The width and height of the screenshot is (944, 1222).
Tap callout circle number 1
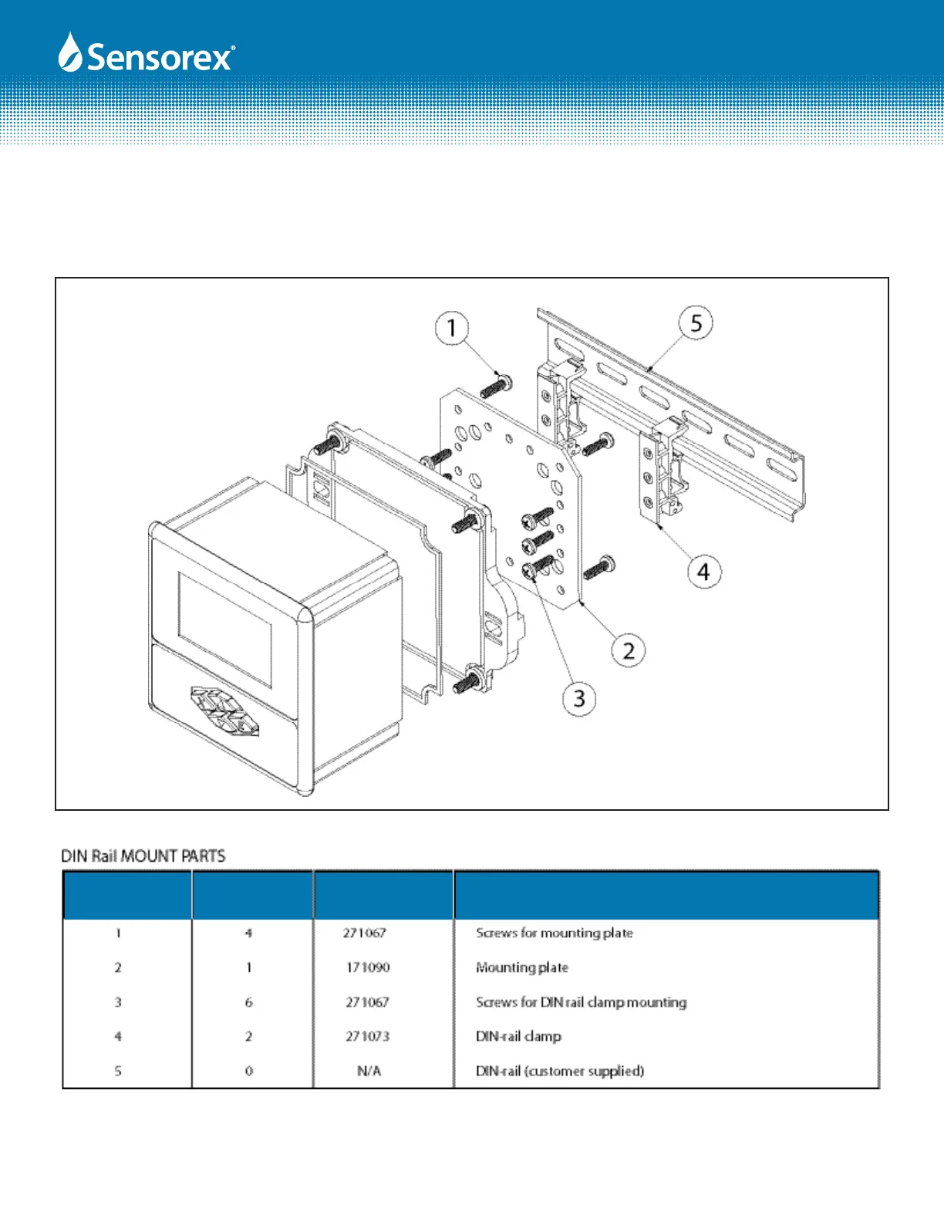coord(452,328)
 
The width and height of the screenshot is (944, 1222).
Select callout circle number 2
coord(629,650)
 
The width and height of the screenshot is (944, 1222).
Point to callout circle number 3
coord(579,699)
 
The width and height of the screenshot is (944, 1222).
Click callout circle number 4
coord(703,572)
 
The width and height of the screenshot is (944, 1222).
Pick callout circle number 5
coord(696,322)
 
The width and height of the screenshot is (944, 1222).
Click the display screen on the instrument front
coord(224,629)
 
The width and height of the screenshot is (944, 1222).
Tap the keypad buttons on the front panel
coord(224,710)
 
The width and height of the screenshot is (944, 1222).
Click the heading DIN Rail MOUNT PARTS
coord(143,856)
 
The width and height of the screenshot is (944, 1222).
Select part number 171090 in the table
coord(368,967)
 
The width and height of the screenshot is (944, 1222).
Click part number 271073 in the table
coord(368,1036)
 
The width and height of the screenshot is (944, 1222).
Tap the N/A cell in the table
coord(369,1071)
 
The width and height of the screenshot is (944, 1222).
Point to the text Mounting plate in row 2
coord(522,967)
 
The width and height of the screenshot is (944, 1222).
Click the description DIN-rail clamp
coord(518,1036)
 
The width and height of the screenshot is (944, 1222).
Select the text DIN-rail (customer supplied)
coord(560,1071)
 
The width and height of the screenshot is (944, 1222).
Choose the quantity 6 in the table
coord(248,1002)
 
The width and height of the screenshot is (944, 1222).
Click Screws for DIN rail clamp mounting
coord(581,1002)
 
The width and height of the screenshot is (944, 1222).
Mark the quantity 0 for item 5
coord(248,1071)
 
